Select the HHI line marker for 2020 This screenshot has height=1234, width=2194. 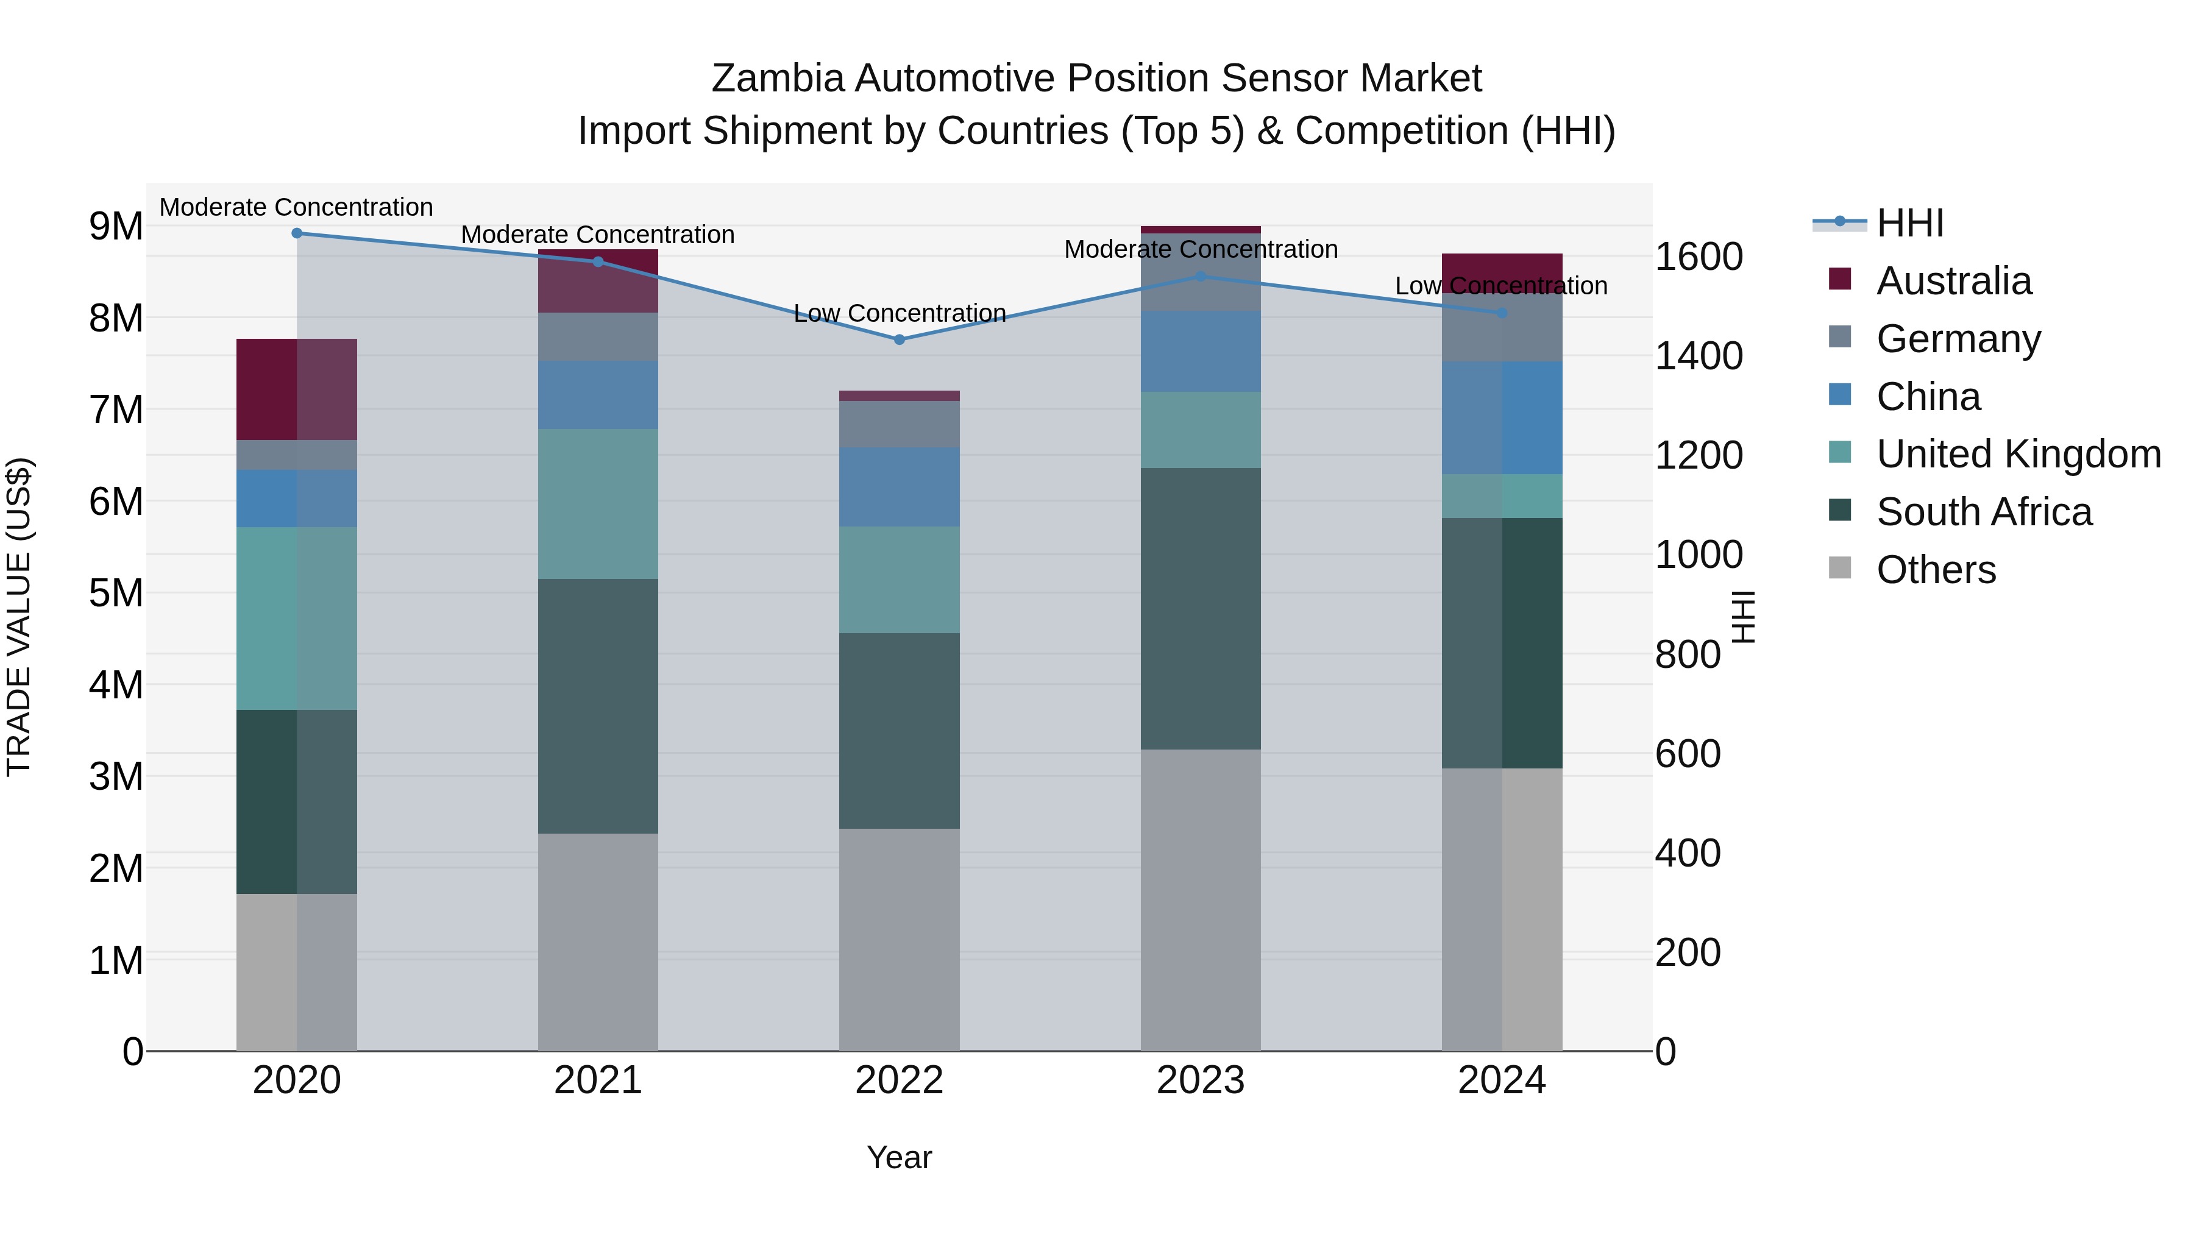click(296, 233)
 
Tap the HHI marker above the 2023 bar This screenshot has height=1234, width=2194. click(1201, 277)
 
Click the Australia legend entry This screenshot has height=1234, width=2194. click(1953, 281)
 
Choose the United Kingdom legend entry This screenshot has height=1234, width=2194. click(2018, 454)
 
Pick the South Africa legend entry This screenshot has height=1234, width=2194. click(1984, 512)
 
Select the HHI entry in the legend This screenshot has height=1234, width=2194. click(1909, 223)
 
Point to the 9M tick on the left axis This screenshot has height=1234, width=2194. click(116, 227)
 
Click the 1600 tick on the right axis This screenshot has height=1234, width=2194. click(1699, 257)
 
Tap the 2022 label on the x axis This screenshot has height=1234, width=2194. click(900, 1080)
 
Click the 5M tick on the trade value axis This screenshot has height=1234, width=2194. click(116, 594)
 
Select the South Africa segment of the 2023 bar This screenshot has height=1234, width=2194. click(1201, 609)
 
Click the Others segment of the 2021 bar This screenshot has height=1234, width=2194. click(598, 941)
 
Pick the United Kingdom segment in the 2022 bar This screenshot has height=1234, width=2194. click(900, 580)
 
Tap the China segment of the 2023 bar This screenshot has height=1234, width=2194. click(1201, 352)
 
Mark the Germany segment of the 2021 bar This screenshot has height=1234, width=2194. click(598, 337)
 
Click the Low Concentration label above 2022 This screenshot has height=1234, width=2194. click(900, 313)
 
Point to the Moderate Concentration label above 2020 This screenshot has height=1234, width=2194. click(296, 207)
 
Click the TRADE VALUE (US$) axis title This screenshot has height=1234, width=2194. click(19, 617)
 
